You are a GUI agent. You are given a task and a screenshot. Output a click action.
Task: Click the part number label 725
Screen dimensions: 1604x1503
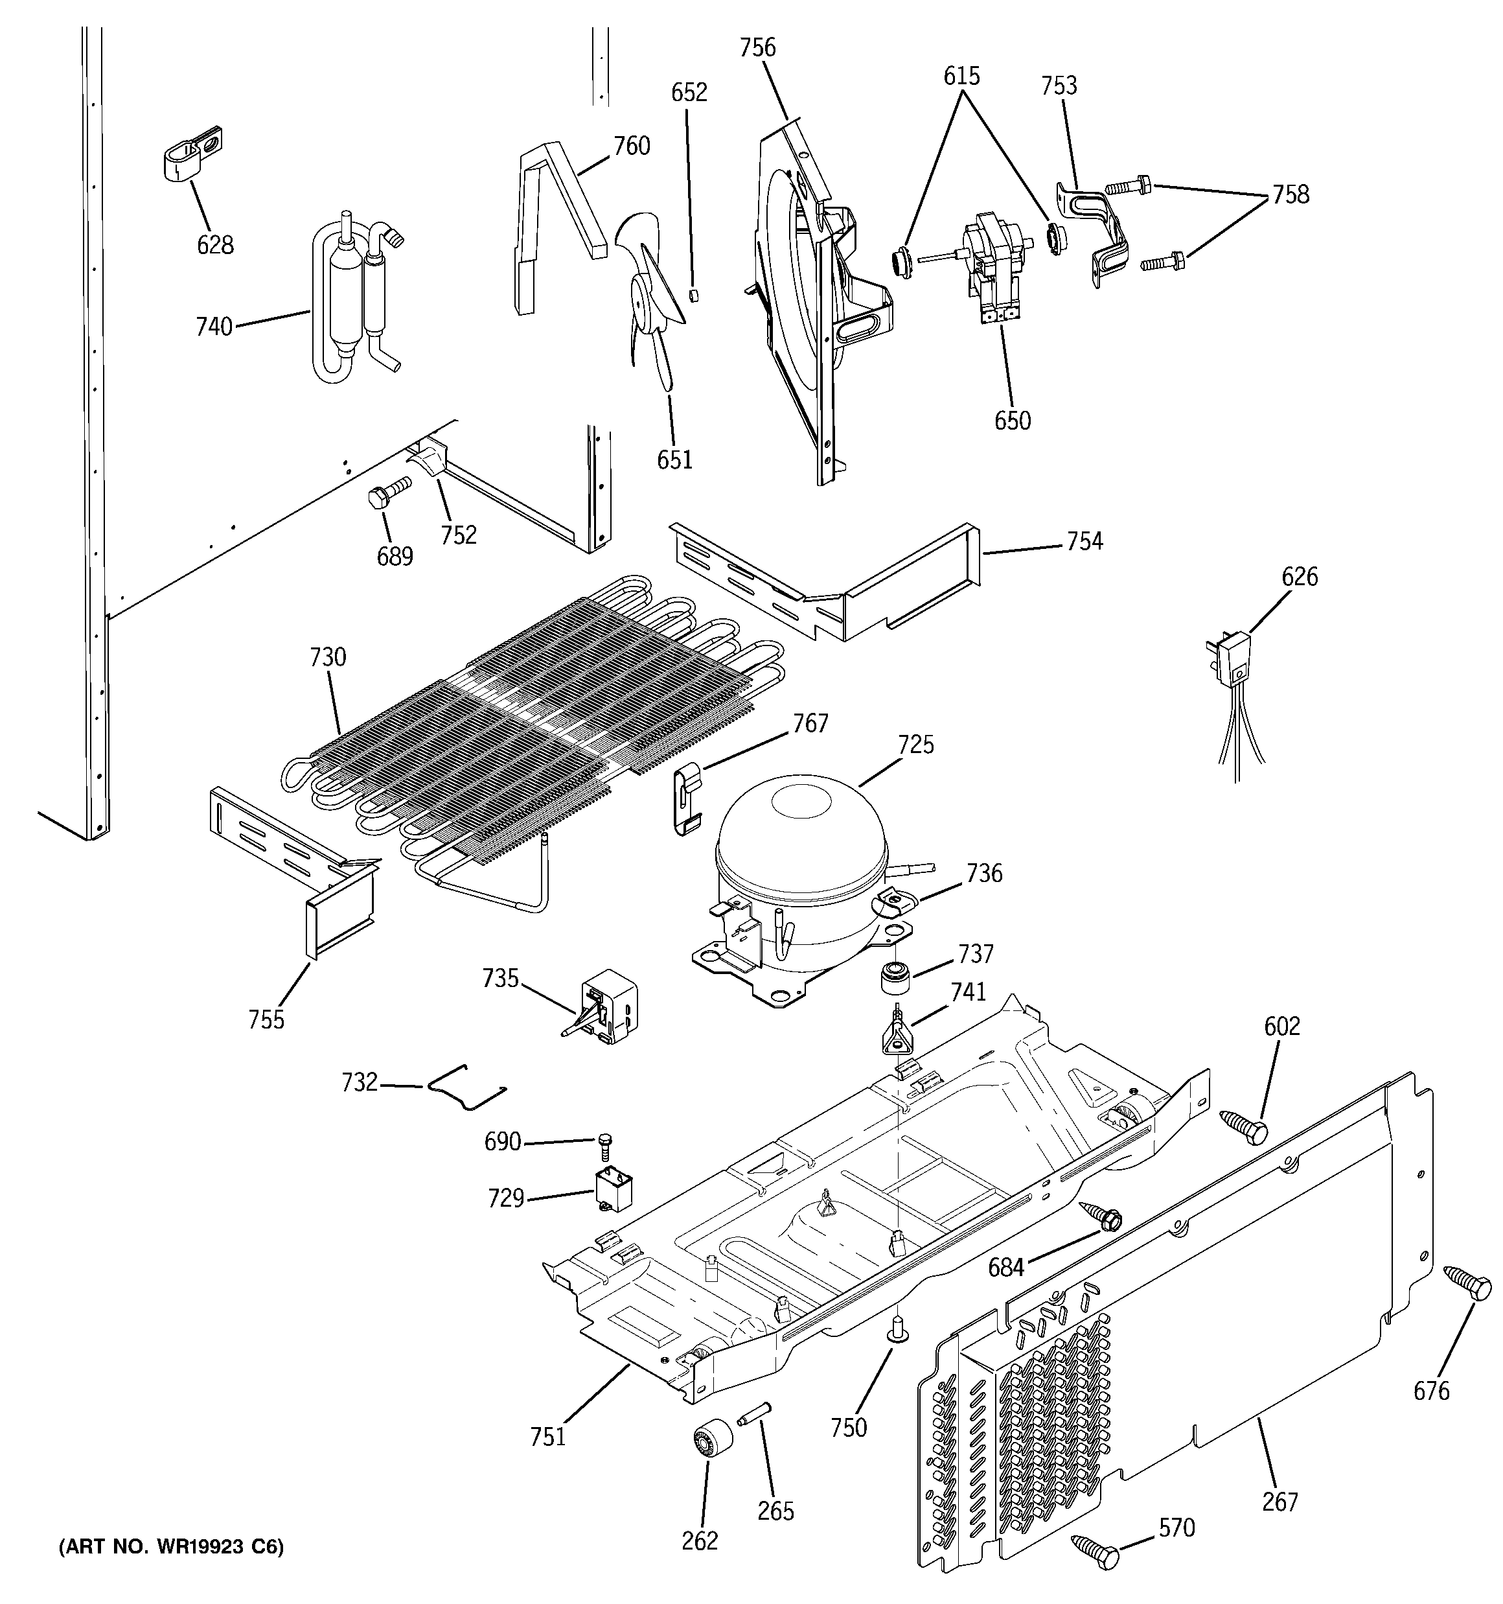pyautogui.click(x=915, y=744)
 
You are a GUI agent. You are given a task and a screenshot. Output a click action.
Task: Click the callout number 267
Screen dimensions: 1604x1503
pyautogui.click(x=1279, y=1502)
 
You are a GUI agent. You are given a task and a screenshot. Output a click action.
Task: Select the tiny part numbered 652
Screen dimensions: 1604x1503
pyautogui.click(x=691, y=294)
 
